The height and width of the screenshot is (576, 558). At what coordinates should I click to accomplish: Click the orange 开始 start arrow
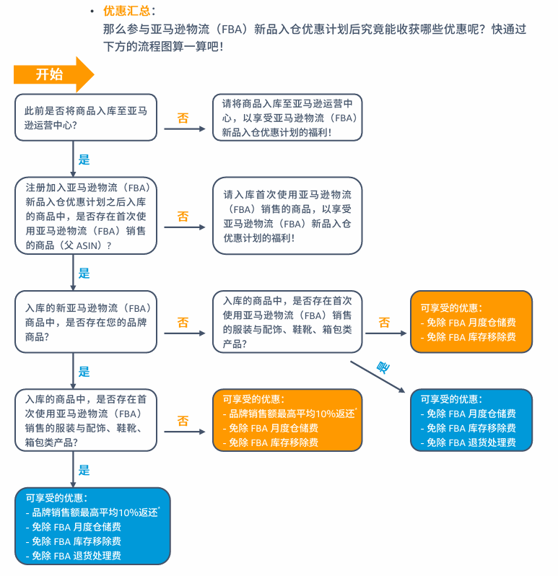click(x=53, y=74)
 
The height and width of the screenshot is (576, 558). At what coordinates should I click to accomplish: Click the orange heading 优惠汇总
click(x=127, y=11)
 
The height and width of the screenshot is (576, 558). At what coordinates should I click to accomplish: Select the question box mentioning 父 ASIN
click(x=86, y=216)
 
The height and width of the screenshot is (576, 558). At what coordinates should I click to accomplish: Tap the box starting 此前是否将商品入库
click(x=86, y=118)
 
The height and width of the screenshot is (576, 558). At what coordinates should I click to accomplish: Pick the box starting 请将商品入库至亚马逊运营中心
click(x=287, y=118)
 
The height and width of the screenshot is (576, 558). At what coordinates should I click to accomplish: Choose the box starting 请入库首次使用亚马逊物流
click(x=287, y=216)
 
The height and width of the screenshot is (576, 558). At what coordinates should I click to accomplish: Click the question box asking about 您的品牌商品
click(x=86, y=322)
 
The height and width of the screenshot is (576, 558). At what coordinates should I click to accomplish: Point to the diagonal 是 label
click(x=383, y=367)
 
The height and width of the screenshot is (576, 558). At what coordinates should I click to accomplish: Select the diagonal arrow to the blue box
click(x=378, y=377)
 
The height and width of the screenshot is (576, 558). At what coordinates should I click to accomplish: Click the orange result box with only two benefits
click(x=471, y=322)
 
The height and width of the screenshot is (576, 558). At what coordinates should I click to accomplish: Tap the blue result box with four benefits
click(x=92, y=526)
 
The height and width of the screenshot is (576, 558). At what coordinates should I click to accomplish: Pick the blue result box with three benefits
click(x=471, y=420)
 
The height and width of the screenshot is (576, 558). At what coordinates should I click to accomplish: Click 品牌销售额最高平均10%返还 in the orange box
click(x=292, y=414)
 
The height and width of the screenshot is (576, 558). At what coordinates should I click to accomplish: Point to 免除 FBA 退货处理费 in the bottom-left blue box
click(x=77, y=556)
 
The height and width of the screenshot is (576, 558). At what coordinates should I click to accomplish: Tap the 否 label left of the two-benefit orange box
click(x=384, y=323)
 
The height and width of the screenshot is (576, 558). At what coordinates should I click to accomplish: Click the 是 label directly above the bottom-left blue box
click(x=84, y=470)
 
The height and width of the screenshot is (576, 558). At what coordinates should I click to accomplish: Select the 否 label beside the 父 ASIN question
click(x=183, y=217)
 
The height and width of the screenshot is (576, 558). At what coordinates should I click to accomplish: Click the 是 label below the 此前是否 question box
click(x=84, y=160)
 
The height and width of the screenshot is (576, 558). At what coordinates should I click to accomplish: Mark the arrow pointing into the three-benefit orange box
click(x=185, y=432)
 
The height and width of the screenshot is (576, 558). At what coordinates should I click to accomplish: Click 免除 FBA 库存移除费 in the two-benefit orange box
click(x=471, y=337)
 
